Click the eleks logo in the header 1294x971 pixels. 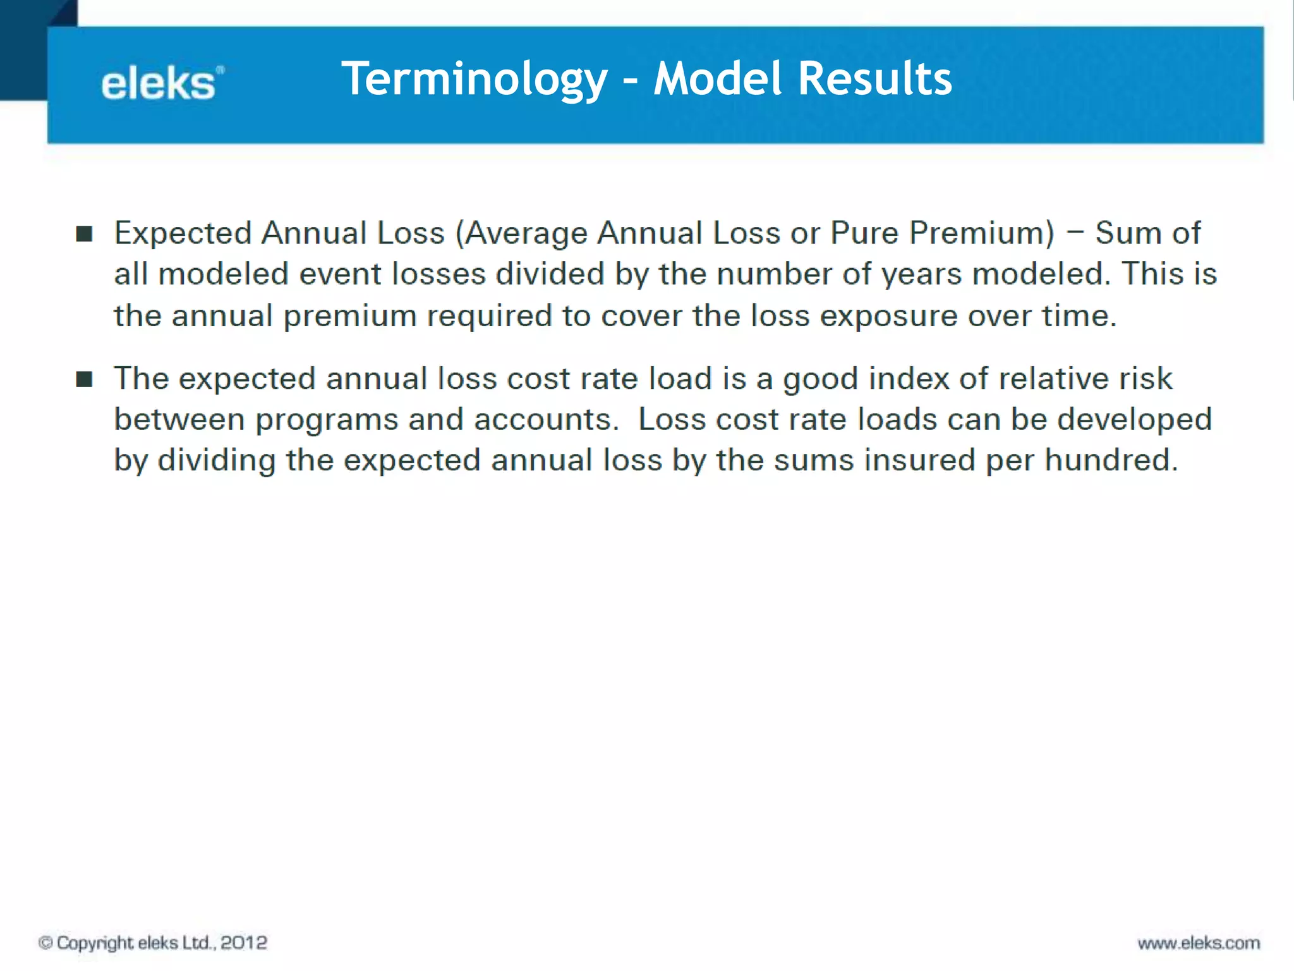162,84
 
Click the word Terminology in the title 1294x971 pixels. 474,78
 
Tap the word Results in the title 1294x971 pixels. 874,78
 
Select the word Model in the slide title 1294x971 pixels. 718,78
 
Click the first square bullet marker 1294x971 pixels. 84,234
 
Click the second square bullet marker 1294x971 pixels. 84,379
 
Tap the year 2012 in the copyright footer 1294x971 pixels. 244,943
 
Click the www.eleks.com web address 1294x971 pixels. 1199,943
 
